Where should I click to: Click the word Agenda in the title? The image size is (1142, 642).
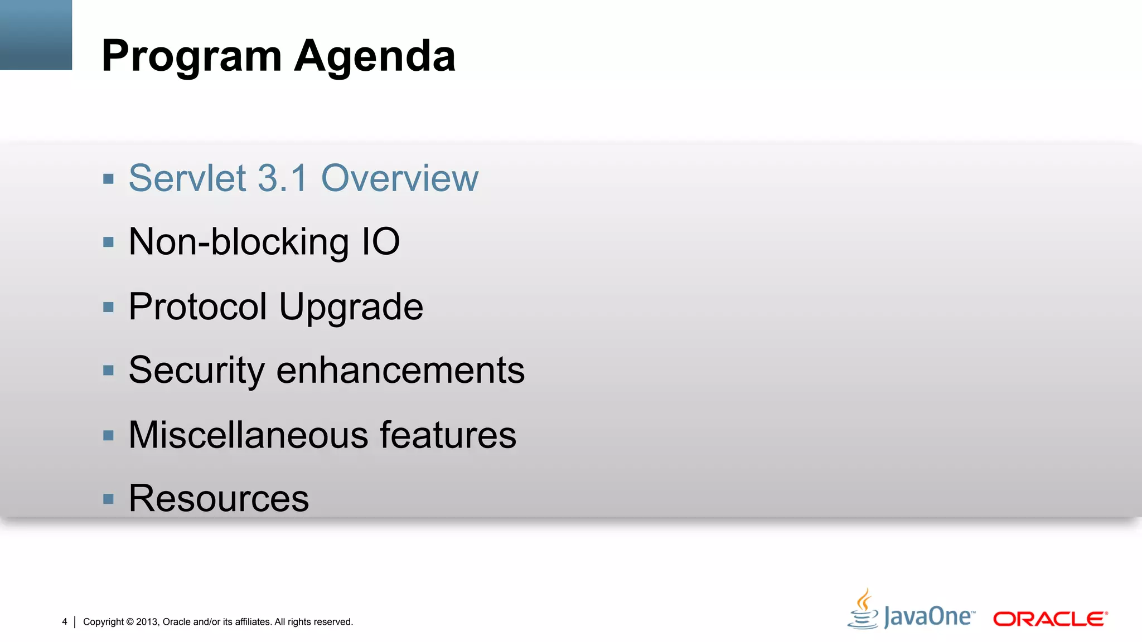375,56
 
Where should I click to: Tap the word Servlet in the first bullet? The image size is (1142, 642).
187,178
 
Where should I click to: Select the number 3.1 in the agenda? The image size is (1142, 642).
283,178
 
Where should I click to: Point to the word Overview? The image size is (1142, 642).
400,178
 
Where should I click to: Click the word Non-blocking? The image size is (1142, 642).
239,242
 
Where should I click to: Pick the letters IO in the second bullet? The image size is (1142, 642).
381,242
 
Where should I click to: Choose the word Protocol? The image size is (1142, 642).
198,307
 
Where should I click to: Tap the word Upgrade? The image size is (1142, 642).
351,308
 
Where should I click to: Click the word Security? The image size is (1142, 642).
196,371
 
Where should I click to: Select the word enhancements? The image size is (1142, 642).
400,371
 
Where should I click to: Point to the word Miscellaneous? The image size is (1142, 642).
248,435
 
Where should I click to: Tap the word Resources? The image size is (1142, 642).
219,498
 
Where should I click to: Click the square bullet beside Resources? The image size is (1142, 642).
109,498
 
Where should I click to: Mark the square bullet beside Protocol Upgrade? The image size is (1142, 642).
109,307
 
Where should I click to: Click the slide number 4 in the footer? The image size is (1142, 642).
65,621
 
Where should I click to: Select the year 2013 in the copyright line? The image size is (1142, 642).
147,622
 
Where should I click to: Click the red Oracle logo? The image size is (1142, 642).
1050,619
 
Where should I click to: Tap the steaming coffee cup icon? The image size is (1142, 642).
863,610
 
